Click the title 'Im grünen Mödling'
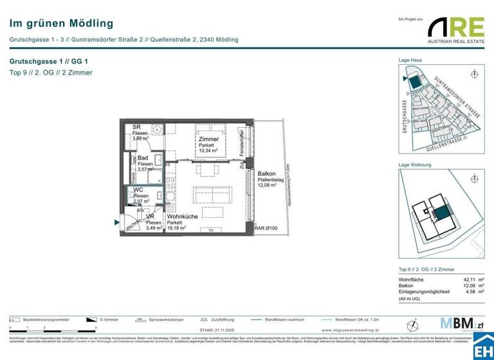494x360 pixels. coord(52,24)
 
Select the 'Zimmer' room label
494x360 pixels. coord(208,139)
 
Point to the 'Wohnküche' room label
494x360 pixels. coord(182,217)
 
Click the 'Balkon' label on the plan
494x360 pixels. coord(266,174)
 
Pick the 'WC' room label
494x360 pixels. coord(138,190)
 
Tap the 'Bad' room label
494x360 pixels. coord(143,157)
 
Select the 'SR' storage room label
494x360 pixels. coord(136,127)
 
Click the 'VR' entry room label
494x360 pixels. coord(150,217)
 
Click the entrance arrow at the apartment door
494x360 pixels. coord(116,223)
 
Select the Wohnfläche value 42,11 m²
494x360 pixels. coord(471,280)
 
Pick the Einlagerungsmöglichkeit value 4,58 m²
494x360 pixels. coord(471,292)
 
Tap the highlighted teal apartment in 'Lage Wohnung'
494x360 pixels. coord(441,213)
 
